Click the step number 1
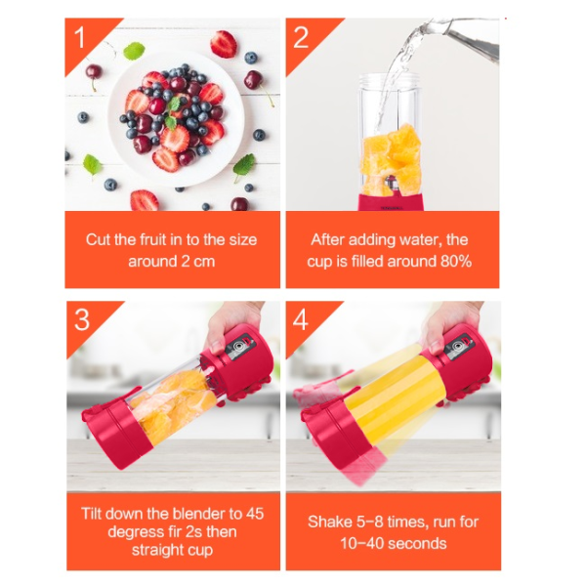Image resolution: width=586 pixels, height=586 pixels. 79,38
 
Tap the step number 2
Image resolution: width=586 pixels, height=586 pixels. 301,38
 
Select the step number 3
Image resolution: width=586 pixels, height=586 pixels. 82,320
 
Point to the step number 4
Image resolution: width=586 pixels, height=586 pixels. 301,320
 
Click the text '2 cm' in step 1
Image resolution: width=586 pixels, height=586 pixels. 197,261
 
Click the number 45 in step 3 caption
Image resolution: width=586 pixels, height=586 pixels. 255,514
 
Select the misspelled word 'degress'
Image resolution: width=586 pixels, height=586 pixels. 131,532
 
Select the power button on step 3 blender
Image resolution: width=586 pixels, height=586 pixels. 237,347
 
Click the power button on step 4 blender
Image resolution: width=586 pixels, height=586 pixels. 457,347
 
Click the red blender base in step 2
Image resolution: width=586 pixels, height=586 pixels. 391,202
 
